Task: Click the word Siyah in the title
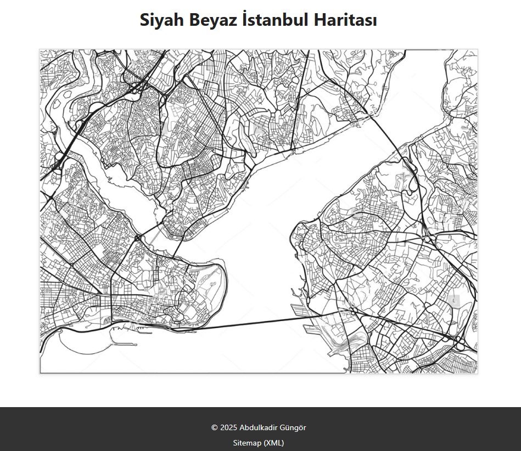pyautogui.click(x=162, y=20)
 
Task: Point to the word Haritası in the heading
pyautogui.click(x=345, y=20)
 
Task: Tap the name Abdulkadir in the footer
pyautogui.click(x=259, y=427)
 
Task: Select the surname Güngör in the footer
pyautogui.click(x=294, y=427)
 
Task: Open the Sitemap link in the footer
pyautogui.click(x=247, y=443)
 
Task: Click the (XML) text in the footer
pyautogui.click(x=273, y=443)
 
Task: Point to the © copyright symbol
pyautogui.click(x=214, y=427)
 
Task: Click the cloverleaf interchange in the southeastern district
pyautogui.click(x=460, y=343)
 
